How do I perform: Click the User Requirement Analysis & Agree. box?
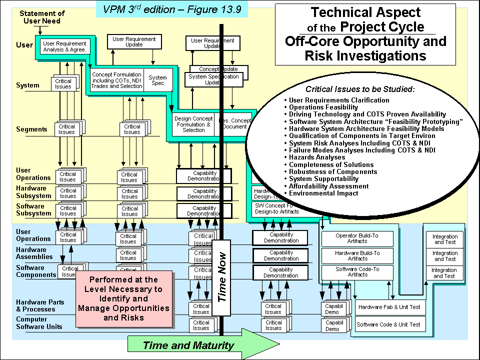(x=64, y=46)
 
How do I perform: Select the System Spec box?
(x=157, y=80)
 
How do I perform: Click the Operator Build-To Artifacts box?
(x=357, y=238)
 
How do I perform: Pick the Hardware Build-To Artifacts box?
(x=357, y=255)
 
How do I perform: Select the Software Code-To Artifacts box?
(x=357, y=272)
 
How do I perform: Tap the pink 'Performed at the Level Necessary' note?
(x=123, y=298)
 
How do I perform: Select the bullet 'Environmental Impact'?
(x=323, y=193)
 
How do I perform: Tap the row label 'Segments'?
(x=31, y=129)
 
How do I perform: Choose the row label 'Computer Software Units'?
(x=39, y=323)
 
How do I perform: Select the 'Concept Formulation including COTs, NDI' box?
(x=116, y=80)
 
